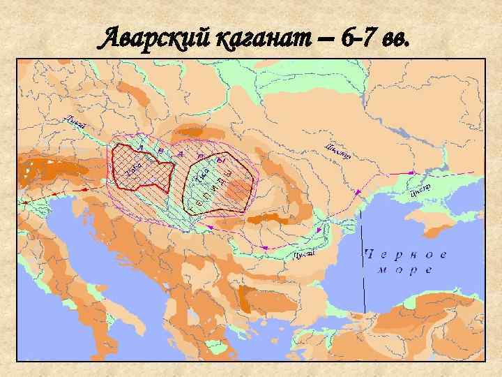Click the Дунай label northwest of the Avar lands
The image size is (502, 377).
click(x=76, y=121)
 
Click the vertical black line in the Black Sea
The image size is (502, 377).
click(x=364, y=279)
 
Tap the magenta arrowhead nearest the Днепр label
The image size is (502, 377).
click(x=406, y=171)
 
